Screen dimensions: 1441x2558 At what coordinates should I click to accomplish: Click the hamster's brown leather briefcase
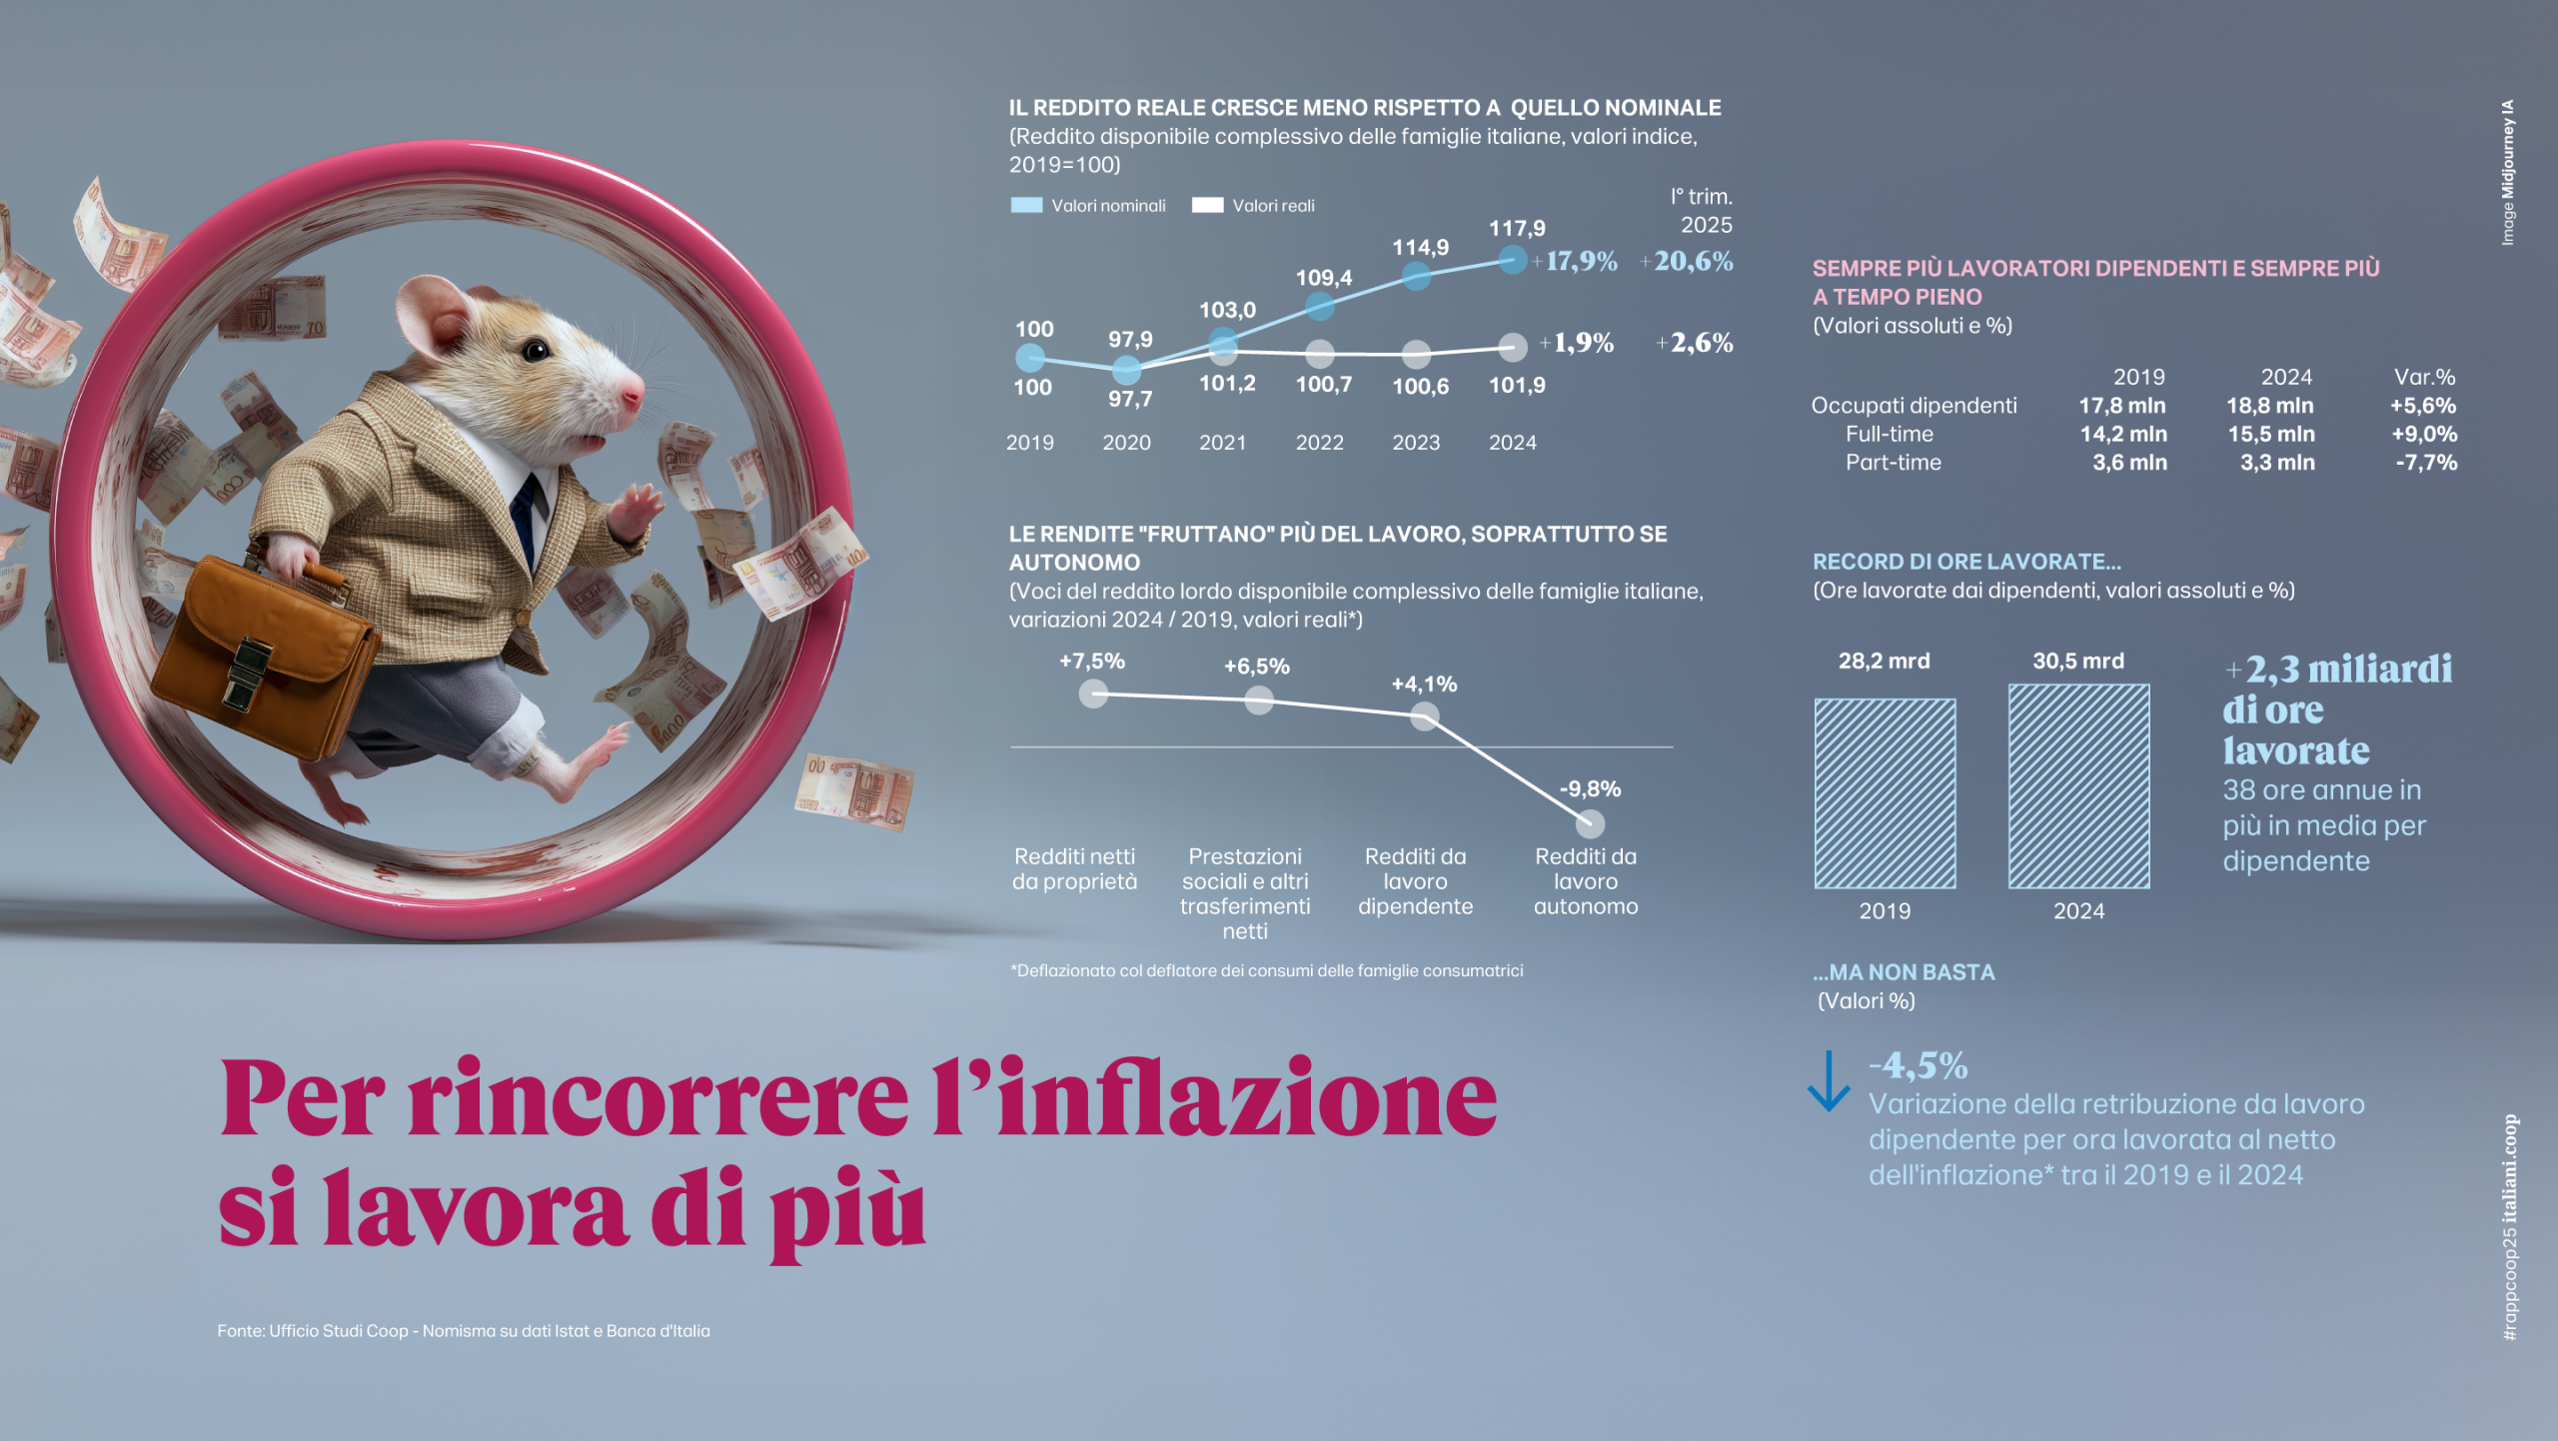pyautogui.click(x=262, y=650)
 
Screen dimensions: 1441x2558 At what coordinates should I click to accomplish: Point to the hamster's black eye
pyautogui.click(x=537, y=350)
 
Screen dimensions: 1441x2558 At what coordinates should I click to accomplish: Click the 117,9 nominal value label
pyautogui.click(x=1517, y=229)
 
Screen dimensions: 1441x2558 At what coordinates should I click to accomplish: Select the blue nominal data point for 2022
pyautogui.click(x=1320, y=307)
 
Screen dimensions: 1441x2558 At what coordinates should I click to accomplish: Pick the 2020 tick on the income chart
pyautogui.click(x=1126, y=443)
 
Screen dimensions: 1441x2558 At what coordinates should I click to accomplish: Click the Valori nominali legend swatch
pyautogui.click(x=1026, y=206)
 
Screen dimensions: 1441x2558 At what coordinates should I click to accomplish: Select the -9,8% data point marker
pyautogui.click(x=1590, y=823)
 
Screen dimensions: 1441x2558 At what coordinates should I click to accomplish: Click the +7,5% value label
pyautogui.click(x=1092, y=662)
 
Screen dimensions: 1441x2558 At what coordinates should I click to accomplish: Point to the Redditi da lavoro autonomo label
pyautogui.click(x=1586, y=881)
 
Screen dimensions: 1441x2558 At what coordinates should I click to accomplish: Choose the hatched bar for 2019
pyautogui.click(x=1885, y=793)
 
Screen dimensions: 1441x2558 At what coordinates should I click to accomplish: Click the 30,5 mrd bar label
pyautogui.click(x=2078, y=662)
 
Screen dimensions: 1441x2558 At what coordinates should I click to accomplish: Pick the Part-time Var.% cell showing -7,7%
pyautogui.click(x=2425, y=463)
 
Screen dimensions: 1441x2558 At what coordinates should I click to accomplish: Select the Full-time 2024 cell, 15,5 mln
pyautogui.click(x=2270, y=435)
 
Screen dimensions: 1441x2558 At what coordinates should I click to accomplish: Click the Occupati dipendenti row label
pyautogui.click(x=1914, y=406)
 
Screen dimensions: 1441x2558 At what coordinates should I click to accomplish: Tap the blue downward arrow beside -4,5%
pyautogui.click(x=1829, y=1081)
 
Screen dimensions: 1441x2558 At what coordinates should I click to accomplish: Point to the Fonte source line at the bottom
pyautogui.click(x=464, y=1331)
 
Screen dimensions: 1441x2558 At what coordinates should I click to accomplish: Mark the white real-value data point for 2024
pyautogui.click(x=1513, y=347)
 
